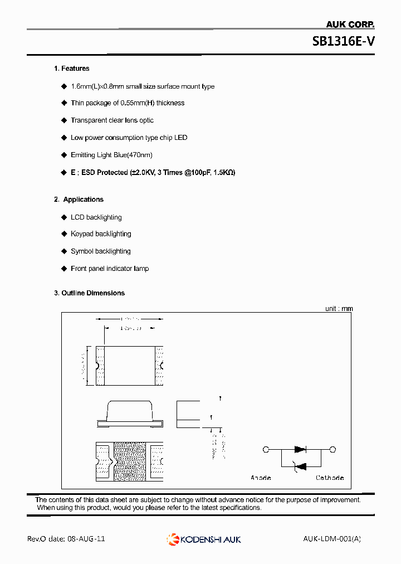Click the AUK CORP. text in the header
tap(350, 25)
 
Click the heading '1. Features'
tap(71, 69)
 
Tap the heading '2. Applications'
tap(79, 200)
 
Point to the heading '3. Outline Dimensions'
tap(89, 293)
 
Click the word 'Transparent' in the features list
tap(89, 120)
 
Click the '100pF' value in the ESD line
tap(198, 173)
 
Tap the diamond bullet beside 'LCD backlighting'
tap(63, 217)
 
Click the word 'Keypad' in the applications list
tap(82, 234)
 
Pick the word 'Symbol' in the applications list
tap(82, 251)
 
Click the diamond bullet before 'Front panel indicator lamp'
tap(63, 269)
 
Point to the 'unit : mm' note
tap(339, 309)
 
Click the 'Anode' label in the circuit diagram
tap(261, 478)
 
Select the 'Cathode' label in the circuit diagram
tap(330, 478)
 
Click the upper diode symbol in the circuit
tap(300, 449)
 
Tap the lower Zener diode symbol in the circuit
tap(300, 466)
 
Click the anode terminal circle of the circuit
tap(266, 449)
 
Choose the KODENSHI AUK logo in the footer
tap(204, 539)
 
